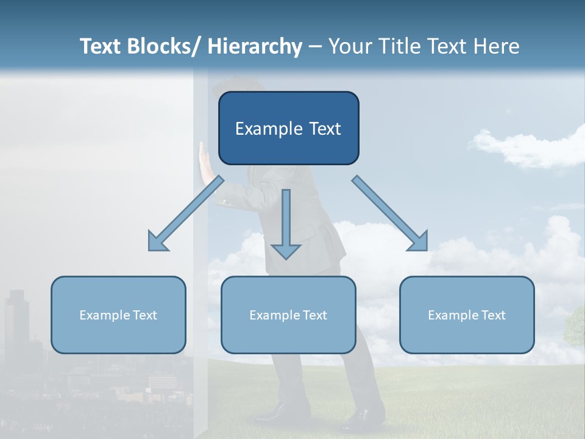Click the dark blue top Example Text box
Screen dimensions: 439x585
pos(288,128)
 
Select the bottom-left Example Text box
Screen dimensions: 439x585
pos(118,315)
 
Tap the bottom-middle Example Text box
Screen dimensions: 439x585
pos(288,315)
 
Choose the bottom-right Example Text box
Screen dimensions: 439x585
pos(467,315)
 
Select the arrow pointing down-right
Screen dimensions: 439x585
pos(390,213)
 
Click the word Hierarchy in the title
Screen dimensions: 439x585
pos(255,46)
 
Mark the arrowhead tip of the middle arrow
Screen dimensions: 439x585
pos(286,257)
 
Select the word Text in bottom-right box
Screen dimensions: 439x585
pos(493,315)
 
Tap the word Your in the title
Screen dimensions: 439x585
pos(347,46)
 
